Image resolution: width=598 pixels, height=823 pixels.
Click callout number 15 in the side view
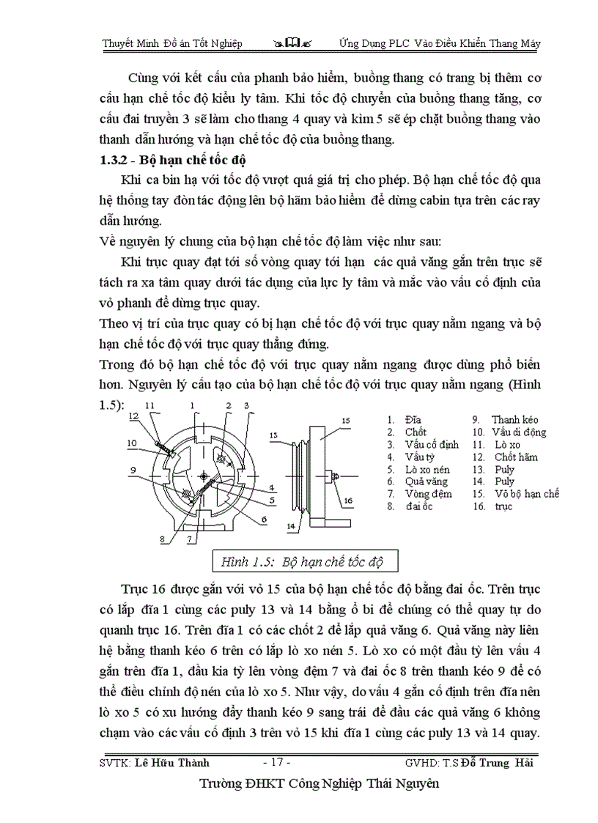(x=346, y=420)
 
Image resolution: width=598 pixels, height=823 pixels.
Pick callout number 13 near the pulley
(x=274, y=435)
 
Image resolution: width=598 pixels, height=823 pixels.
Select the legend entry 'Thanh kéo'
(x=514, y=420)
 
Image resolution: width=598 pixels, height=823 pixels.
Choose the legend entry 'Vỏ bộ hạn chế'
(x=526, y=494)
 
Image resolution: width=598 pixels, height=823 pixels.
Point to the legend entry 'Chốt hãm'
(x=516, y=457)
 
